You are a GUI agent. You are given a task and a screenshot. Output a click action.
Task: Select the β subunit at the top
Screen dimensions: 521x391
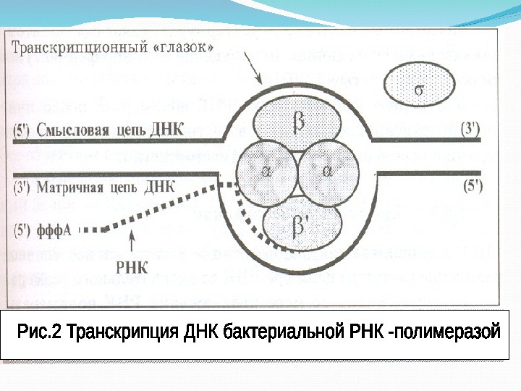pyautogui.click(x=297, y=122)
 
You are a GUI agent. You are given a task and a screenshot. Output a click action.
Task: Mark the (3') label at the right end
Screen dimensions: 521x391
pyautogui.click(x=470, y=129)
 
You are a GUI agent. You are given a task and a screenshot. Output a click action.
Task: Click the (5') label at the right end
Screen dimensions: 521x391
pyautogui.click(x=470, y=185)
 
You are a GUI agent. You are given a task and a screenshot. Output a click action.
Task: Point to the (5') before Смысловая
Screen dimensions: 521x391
pyautogui.click(x=23, y=130)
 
